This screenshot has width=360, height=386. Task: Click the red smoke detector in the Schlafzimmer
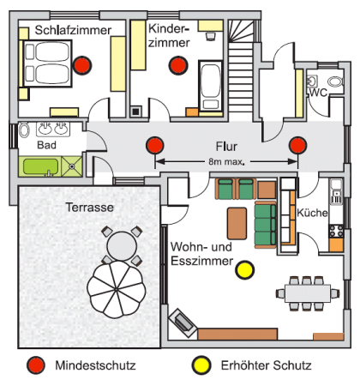click(82, 65)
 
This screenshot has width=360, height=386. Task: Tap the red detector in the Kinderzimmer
click(178, 65)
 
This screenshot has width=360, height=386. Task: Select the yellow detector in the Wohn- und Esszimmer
click(245, 270)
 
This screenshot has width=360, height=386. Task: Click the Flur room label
click(226, 147)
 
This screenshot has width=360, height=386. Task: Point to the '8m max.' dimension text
click(226, 161)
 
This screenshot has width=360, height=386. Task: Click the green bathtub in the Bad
click(40, 166)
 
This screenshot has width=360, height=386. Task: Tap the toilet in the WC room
click(335, 81)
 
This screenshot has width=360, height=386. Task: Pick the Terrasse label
click(90, 208)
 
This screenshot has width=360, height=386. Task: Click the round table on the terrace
click(122, 245)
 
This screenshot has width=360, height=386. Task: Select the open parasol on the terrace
click(117, 289)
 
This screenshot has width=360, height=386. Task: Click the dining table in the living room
click(308, 293)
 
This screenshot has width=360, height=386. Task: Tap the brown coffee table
click(237, 223)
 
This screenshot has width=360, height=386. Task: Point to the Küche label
click(312, 213)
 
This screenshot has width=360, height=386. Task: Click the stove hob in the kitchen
click(336, 232)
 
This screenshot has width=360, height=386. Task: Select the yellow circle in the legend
click(201, 365)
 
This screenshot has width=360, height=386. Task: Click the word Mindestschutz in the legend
click(95, 365)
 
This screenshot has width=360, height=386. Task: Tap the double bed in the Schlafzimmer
click(47, 63)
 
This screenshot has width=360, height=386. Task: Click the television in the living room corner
click(183, 323)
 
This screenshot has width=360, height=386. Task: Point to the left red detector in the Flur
click(155, 145)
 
